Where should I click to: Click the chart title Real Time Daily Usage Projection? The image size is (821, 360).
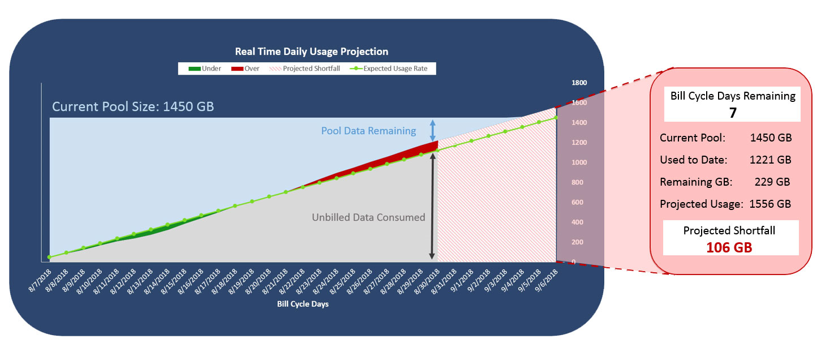coord(312,52)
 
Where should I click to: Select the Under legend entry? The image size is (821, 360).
coord(204,68)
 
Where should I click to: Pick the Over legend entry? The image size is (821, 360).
coord(245,68)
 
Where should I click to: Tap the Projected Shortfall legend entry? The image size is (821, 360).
coord(304,68)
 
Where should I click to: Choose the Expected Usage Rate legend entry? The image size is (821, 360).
coord(389,68)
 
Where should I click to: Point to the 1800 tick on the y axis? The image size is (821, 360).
coord(579,83)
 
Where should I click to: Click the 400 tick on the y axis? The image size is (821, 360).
coord(577,222)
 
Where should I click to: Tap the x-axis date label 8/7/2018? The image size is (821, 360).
coord(40,280)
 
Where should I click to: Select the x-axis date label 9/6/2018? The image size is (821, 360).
coord(546,280)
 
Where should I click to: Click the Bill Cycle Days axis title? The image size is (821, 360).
coord(303,304)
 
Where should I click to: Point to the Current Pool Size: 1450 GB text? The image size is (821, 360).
coord(132,106)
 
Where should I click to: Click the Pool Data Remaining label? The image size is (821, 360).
coord(368,131)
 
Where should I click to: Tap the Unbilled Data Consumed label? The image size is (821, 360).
coord(368,217)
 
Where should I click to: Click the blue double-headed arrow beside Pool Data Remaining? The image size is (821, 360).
coord(432,131)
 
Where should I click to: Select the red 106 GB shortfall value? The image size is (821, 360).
coord(729,247)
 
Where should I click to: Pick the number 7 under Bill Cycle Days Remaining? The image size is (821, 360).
coord(733,113)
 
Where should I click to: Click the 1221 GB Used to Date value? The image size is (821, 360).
coord(771,160)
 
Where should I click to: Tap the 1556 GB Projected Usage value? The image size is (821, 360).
coord(770,204)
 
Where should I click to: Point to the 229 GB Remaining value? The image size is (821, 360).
coord(772,182)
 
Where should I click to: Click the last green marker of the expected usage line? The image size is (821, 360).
coord(556,118)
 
